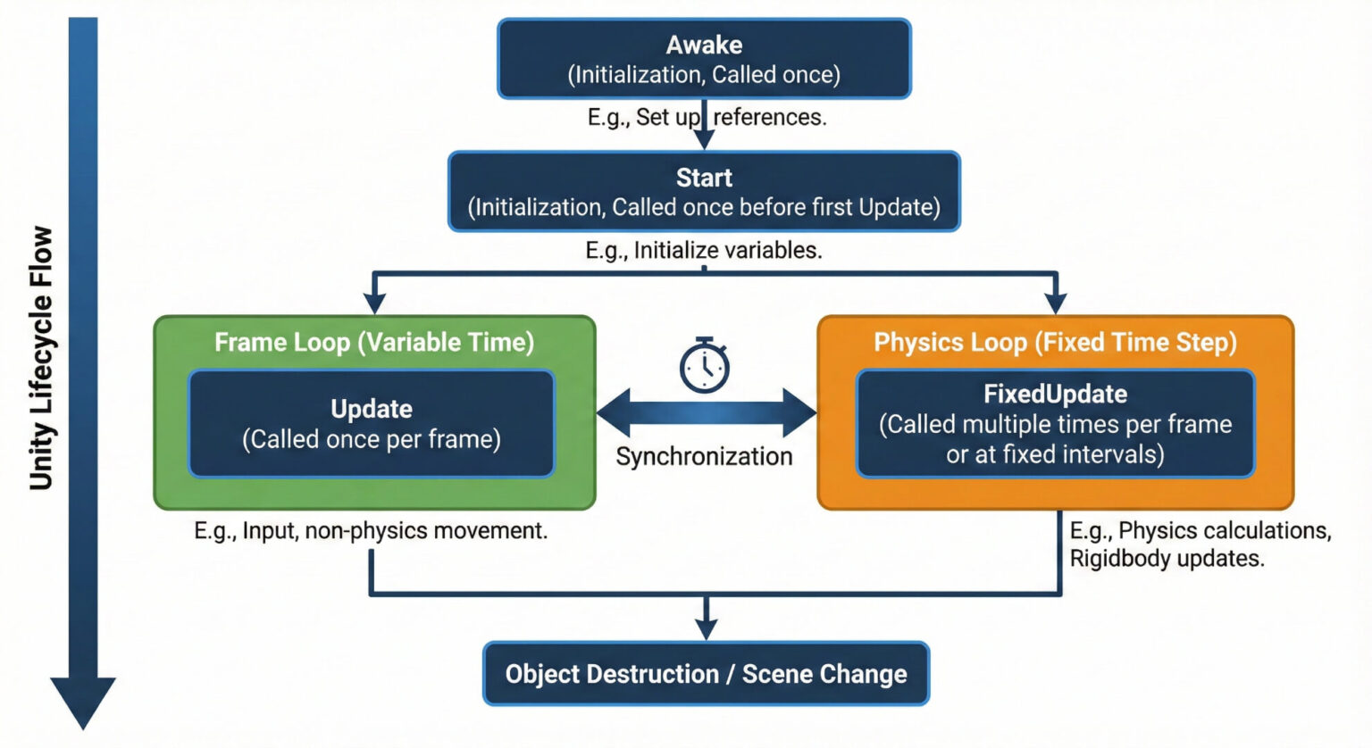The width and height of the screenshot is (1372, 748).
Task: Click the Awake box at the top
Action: [x=704, y=59]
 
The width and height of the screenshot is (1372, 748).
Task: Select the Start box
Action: [x=704, y=192]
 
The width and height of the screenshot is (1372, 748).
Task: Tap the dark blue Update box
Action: [x=372, y=424]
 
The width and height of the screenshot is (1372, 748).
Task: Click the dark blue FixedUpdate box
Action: [x=1055, y=424]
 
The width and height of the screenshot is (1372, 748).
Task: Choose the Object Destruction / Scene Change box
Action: [x=706, y=674]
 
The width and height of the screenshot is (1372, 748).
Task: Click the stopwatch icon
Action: [x=705, y=365]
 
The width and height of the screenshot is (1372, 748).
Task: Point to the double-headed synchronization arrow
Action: [x=706, y=413]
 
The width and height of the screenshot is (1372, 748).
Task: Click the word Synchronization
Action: [x=704, y=456]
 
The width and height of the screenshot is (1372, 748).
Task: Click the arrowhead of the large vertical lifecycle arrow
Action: [x=83, y=702]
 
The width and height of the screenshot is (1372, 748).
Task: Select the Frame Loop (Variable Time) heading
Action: [x=374, y=343]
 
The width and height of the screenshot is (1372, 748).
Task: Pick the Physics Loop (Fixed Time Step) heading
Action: [x=1055, y=343]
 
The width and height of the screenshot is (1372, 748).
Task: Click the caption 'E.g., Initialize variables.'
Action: [x=704, y=251]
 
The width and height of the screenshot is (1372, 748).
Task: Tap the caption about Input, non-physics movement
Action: [x=371, y=531]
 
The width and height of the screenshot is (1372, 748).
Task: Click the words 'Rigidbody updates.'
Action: [x=1167, y=559]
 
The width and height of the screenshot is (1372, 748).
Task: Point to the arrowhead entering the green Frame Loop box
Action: [x=375, y=303]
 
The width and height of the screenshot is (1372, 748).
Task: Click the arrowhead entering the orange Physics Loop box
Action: [x=1056, y=303]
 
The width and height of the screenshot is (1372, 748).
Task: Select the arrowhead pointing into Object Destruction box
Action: [x=707, y=629]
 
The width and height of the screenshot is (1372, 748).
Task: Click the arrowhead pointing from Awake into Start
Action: [x=705, y=139]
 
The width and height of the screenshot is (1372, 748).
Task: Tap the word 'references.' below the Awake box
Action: [x=770, y=118]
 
